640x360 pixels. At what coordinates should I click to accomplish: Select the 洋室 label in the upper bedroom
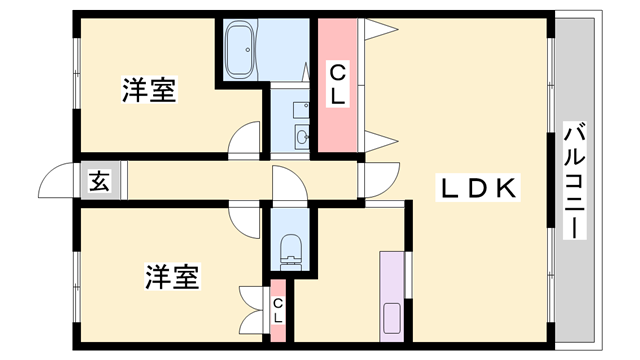pos(150,91)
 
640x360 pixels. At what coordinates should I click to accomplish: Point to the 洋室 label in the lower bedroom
pos(172,276)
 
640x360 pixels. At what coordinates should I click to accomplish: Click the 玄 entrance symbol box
pos(99,182)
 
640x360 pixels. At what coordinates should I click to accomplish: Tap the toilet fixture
pos(291,250)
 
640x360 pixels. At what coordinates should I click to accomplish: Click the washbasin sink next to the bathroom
pos(302,134)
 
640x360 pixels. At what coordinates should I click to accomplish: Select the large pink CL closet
pos(338,85)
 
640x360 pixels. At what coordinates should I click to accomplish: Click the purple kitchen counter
pos(392,295)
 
